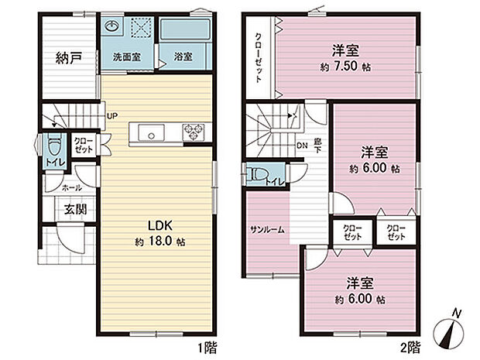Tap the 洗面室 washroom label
point(125,57)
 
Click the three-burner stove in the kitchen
point(193,133)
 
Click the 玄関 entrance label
point(75,209)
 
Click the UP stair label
point(112,116)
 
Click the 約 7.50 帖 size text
point(345,67)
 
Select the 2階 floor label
point(411,346)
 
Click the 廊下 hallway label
point(317,146)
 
